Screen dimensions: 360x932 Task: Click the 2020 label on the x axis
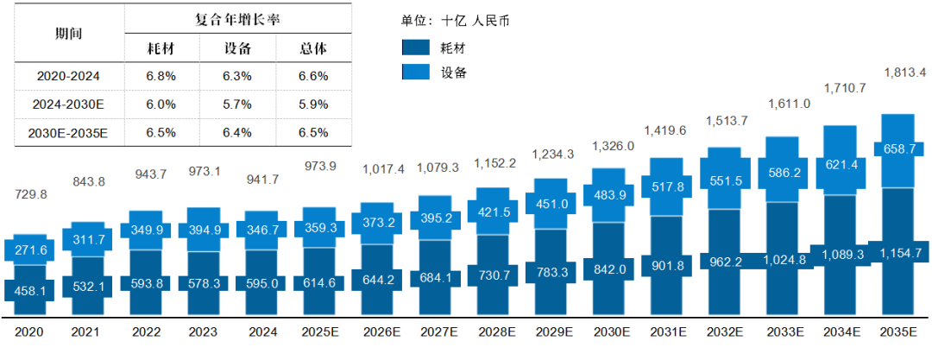(x=30, y=332)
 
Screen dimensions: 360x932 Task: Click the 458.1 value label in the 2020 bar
(x=30, y=292)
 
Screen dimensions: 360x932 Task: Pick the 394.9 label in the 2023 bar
(x=204, y=231)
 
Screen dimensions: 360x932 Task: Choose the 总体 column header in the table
(x=312, y=48)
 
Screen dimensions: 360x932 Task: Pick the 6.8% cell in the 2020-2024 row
(x=161, y=76)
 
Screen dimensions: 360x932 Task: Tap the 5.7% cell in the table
(x=237, y=104)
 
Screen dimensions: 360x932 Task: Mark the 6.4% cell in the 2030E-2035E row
(x=237, y=133)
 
